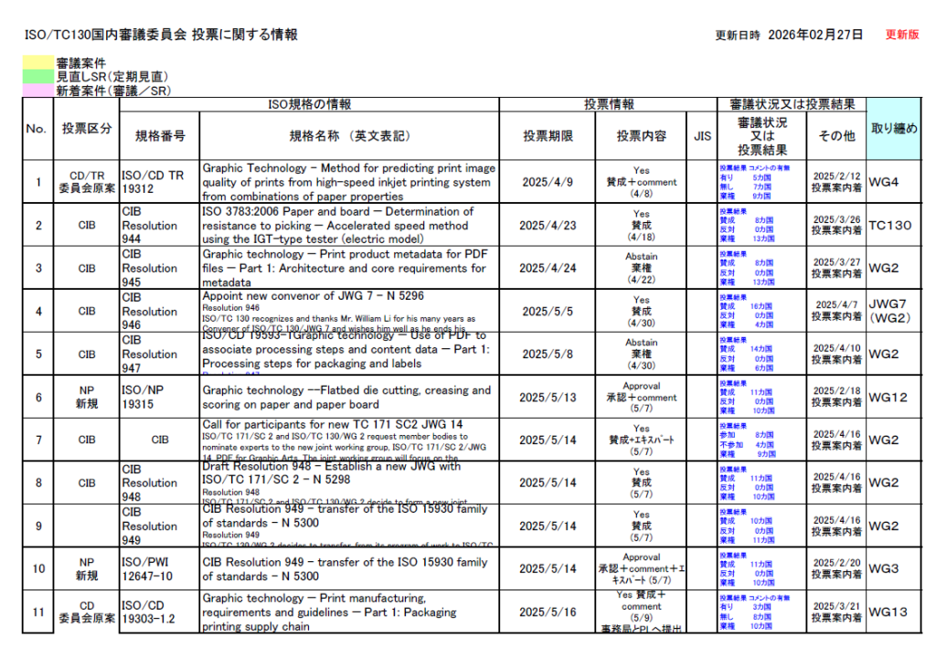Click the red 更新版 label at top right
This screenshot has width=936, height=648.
(x=902, y=35)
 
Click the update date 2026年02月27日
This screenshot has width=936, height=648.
(x=815, y=35)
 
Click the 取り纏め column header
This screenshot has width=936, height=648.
(x=893, y=129)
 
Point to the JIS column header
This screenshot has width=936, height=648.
(x=702, y=136)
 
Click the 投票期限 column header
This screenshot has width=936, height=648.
(x=548, y=136)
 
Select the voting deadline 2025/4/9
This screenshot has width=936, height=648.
(x=548, y=182)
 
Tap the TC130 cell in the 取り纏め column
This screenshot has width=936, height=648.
(x=889, y=225)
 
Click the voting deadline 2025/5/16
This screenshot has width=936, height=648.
(x=548, y=611)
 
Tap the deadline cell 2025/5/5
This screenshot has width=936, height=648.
(x=548, y=311)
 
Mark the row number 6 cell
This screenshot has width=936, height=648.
(x=37, y=397)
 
